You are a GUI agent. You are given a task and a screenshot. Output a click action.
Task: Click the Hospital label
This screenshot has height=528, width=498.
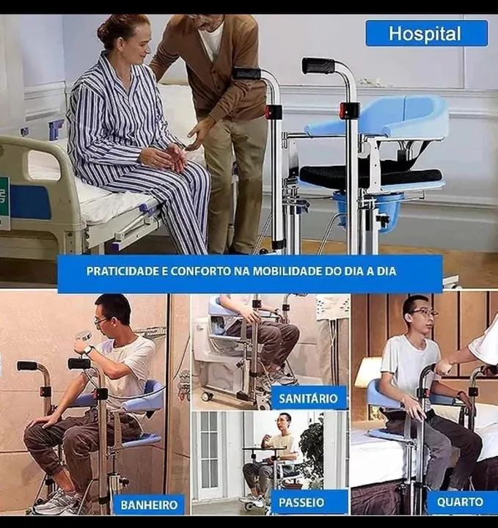point(426,33)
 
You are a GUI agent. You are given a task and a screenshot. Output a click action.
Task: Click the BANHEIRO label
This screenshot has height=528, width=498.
point(149,505)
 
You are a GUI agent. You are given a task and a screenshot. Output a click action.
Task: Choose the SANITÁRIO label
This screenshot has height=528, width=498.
point(308,398)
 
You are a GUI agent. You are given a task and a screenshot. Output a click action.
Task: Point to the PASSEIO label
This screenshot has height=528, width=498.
point(301,502)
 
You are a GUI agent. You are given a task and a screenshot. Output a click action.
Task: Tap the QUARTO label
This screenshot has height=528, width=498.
point(460,502)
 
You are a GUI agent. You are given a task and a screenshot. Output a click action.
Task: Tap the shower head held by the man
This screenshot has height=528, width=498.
point(83,337)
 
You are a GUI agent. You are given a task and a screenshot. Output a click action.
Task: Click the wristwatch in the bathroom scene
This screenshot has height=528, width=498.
point(88,350)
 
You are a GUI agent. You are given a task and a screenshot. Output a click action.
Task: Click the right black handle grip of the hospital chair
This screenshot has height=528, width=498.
point(318,65)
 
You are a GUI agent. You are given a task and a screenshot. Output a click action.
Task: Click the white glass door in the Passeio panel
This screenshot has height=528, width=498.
point(210,455)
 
